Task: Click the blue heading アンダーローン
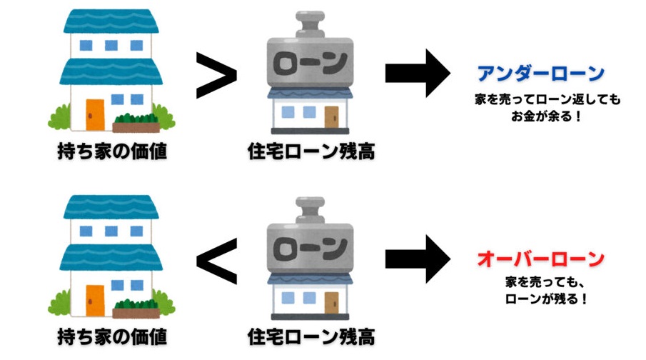541,74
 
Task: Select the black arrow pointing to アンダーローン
418,74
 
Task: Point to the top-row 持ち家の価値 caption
112,151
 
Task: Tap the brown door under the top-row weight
332,116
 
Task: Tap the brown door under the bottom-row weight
332,301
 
